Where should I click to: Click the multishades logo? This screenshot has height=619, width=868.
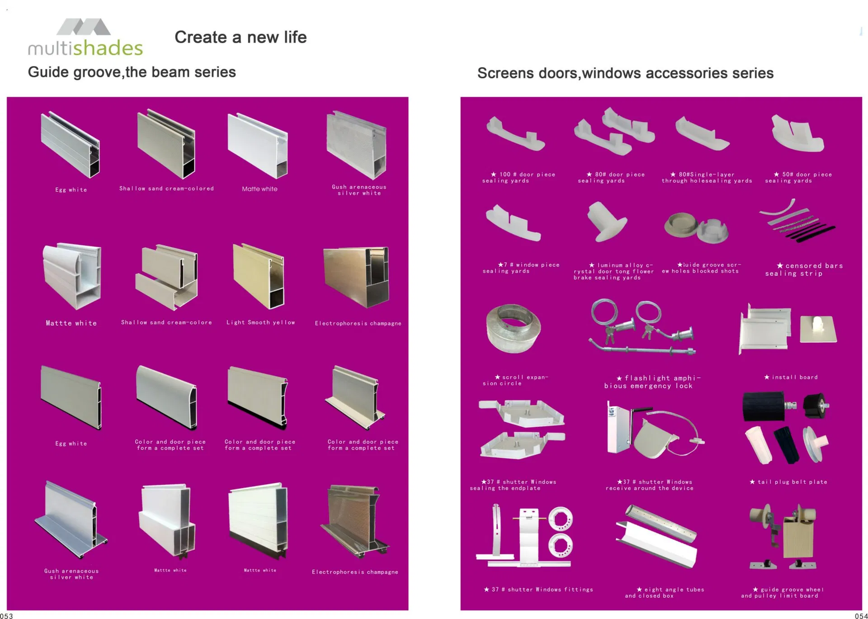coord(85,38)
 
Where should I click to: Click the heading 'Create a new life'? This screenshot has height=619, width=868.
coord(241,37)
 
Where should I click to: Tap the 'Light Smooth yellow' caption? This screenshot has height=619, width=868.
coord(261,322)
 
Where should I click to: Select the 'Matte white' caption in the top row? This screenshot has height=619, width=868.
coord(259,189)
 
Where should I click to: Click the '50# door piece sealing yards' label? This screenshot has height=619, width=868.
coord(798,177)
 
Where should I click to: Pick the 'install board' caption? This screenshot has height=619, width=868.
coord(791,377)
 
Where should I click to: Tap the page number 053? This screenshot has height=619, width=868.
coord(6,615)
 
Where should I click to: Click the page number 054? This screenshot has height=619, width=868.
coord(861,615)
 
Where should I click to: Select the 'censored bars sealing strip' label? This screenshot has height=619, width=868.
coord(804,269)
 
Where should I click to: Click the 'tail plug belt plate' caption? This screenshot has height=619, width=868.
coord(788,482)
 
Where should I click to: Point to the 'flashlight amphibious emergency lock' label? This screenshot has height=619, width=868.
coord(652,382)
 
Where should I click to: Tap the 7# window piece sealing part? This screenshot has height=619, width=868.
coord(513,222)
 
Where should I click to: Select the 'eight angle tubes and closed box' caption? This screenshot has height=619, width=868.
coord(665,593)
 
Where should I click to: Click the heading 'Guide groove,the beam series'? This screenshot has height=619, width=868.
coord(132,72)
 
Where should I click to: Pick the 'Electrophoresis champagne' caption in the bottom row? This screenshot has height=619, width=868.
coord(355,572)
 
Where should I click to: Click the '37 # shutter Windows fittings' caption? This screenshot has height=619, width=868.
coord(538,590)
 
